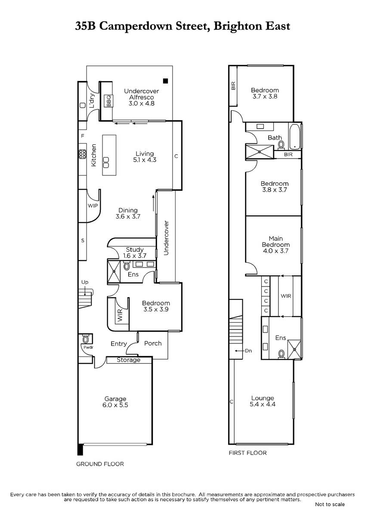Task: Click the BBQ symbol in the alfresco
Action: pyautogui.click(x=108, y=101)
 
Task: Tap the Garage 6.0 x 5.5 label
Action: pyautogui.click(x=115, y=402)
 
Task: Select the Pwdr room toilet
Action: pyautogui.click(x=86, y=339)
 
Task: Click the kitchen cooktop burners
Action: pyautogui.click(x=83, y=154)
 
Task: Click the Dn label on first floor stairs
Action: pyautogui.click(x=248, y=351)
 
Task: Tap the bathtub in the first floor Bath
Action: pyautogui.click(x=294, y=137)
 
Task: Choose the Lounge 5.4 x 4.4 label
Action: pyautogui.click(x=263, y=401)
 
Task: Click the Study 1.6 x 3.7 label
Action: pyautogui.click(x=135, y=253)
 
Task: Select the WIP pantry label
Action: pyautogui.click(x=93, y=206)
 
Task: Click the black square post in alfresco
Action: pyautogui.click(x=165, y=81)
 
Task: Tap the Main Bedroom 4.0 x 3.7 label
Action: pyautogui.click(x=275, y=245)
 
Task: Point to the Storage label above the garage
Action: pyautogui.click(x=128, y=360)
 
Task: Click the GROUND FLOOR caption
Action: pyautogui.click(x=100, y=464)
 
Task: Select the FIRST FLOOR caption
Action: pyautogui.click(x=247, y=453)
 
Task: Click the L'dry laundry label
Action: pyautogui.click(x=92, y=101)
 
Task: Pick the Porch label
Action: pyautogui.click(x=153, y=343)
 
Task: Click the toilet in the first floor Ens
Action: pyautogui.click(x=281, y=354)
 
